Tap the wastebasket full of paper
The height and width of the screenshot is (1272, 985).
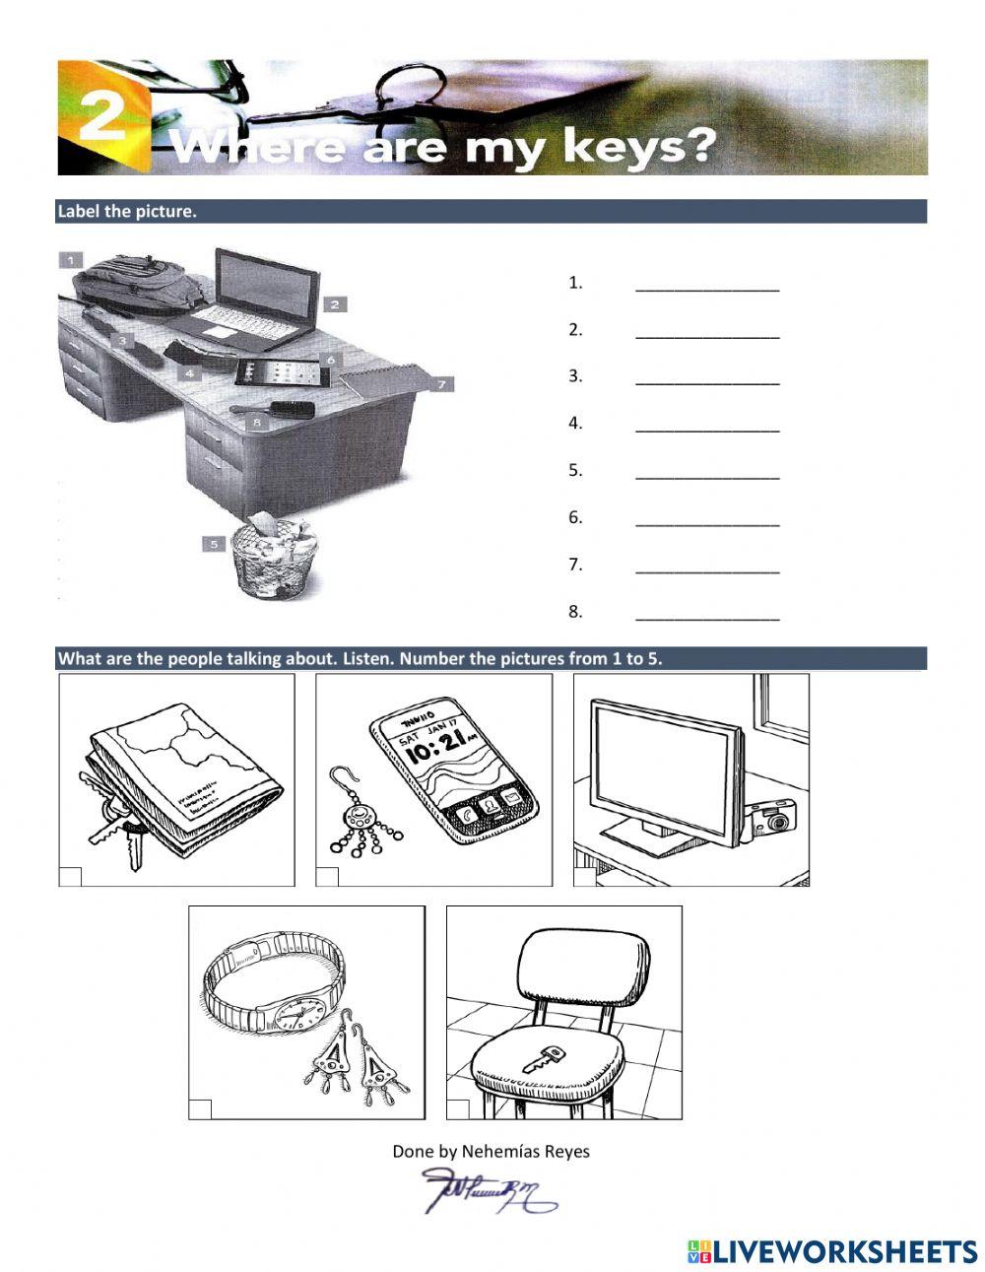click(269, 560)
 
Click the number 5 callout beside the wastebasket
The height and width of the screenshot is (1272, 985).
click(213, 543)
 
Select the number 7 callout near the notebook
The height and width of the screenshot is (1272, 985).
click(441, 384)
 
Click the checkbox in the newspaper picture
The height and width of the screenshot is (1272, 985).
click(70, 876)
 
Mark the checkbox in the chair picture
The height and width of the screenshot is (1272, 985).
click(457, 1109)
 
